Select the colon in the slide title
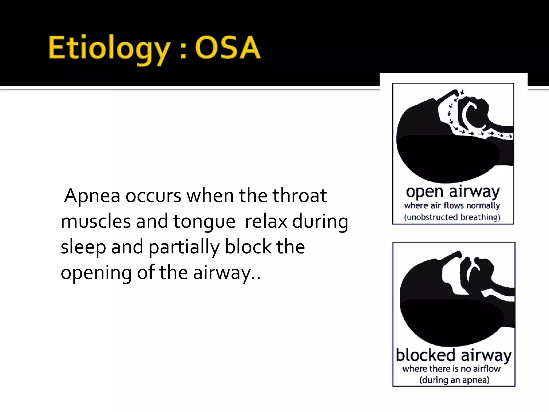[x=183, y=51]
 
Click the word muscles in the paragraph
[x=95, y=221]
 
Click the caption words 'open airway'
[x=453, y=192]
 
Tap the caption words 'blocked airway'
[x=454, y=355]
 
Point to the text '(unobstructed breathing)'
[x=452, y=217]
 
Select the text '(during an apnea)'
[x=454, y=380]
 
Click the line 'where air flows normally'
[x=452, y=205]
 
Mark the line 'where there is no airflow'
[x=451, y=369]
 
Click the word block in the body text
[x=248, y=247]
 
